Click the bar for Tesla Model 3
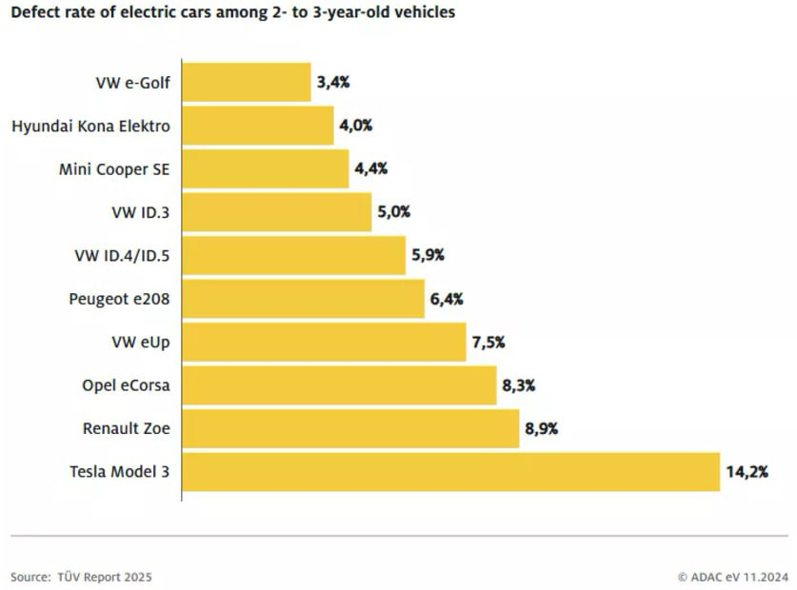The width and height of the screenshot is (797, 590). point(450,471)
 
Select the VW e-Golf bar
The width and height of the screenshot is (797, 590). point(247,82)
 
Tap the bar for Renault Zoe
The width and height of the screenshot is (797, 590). point(350,428)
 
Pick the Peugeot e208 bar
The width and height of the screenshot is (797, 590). point(303,299)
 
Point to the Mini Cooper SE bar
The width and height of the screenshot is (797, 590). point(266,168)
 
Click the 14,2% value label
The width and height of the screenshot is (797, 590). point(747,471)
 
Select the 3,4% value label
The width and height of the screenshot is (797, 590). point(333,82)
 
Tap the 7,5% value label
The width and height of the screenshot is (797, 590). point(488,343)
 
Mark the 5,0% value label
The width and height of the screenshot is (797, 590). point(394,212)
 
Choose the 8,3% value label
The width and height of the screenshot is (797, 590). point(518,385)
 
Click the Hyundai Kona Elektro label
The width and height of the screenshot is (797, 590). point(90,126)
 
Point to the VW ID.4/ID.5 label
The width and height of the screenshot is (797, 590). point(122,255)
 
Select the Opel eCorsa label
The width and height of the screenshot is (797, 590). point(126,385)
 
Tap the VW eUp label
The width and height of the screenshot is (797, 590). point(141,343)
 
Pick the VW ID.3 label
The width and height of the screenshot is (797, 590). point(141,212)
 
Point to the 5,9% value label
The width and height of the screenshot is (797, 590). point(428,255)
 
